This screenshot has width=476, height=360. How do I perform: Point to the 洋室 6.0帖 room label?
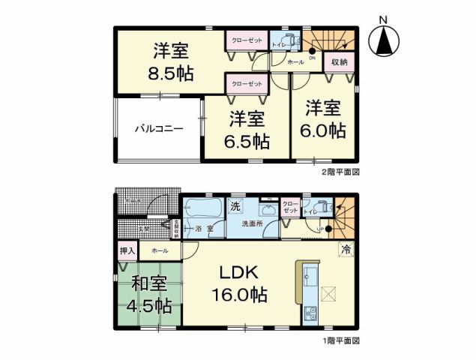click(x=325, y=118)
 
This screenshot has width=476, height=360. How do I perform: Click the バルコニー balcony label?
click(x=158, y=129)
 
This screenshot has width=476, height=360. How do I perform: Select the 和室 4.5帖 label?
click(x=151, y=295)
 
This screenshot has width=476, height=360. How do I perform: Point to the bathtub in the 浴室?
click(x=202, y=208)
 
